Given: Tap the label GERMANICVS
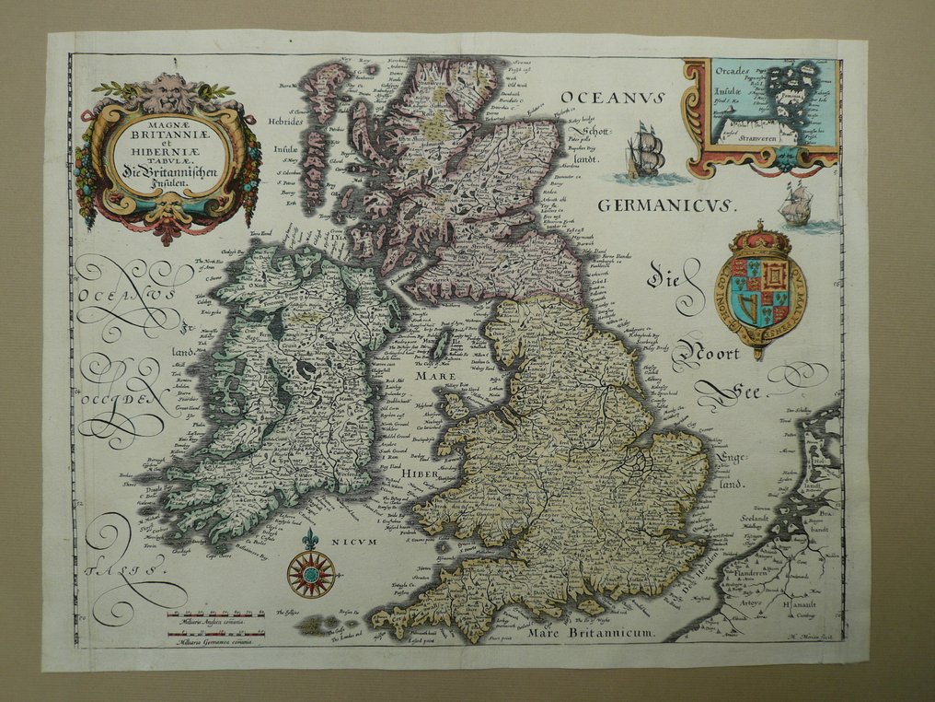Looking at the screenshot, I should tap(666, 205).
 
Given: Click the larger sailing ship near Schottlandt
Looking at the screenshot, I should tap(645, 150).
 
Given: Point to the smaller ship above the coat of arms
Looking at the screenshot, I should tap(795, 204).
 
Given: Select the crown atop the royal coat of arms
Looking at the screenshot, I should tap(761, 238).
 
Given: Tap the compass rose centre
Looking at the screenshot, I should tap(310, 574).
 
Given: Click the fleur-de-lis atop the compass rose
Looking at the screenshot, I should tap(310, 539).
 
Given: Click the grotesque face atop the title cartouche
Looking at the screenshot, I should tap(169, 92).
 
